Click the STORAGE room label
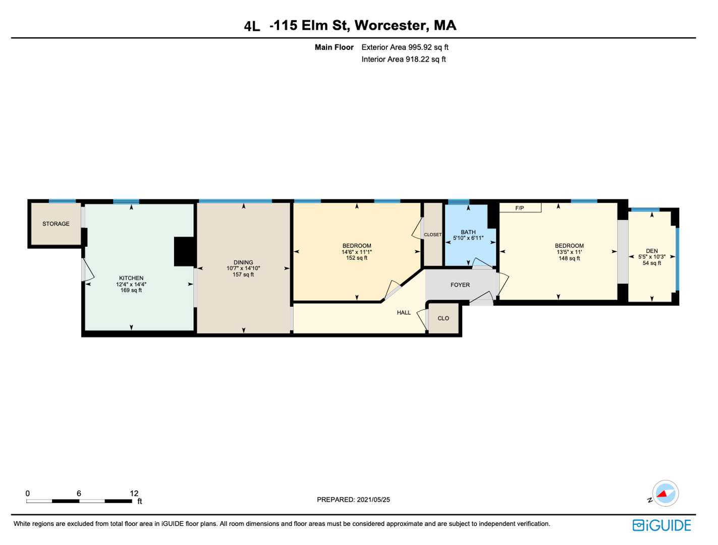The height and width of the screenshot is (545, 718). click(x=56, y=224)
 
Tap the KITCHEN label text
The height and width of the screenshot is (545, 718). click(x=131, y=278)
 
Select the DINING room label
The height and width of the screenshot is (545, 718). click(x=243, y=262)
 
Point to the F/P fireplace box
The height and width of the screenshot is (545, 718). click(x=520, y=208)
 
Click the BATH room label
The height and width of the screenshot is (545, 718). click(x=468, y=232)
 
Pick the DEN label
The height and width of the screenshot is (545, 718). click(x=651, y=251)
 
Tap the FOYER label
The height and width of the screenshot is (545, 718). click(x=460, y=285)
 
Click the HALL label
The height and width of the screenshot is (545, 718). click(x=404, y=312)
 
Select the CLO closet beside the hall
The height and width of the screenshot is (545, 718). click(x=443, y=318)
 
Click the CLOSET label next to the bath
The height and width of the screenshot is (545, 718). click(x=433, y=235)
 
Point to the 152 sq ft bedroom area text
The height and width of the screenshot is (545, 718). click(x=357, y=258)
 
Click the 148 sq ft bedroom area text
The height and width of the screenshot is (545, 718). click(x=569, y=258)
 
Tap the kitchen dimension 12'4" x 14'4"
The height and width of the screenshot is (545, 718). click(x=131, y=284)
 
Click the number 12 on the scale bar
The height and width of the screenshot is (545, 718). click(x=134, y=494)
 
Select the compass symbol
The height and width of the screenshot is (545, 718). click(x=665, y=494)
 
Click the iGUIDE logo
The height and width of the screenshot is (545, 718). click(x=661, y=525)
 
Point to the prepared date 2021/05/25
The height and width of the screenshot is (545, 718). click(x=373, y=500)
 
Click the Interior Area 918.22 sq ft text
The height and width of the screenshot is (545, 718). click(x=403, y=59)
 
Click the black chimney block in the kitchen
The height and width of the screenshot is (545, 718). click(x=185, y=251)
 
